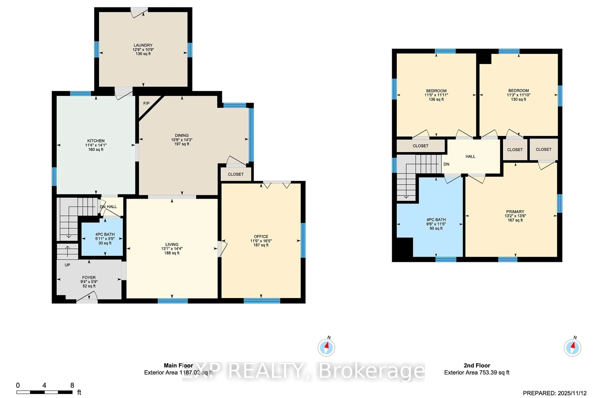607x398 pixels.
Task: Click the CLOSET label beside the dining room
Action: click(236, 174)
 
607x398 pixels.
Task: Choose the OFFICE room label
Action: click(261, 237)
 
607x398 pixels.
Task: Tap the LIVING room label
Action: click(172, 244)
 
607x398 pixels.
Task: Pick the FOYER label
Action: click(89, 277)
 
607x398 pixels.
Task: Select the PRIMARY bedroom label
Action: click(515, 212)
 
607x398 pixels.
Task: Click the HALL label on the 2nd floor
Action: click(470, 156)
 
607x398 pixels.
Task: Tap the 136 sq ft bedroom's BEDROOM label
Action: click(436, 91)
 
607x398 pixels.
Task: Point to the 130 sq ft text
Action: click(518, 99)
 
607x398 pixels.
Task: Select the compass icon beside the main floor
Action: click(326, 348)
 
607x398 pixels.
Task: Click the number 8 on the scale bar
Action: click(72, 385)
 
